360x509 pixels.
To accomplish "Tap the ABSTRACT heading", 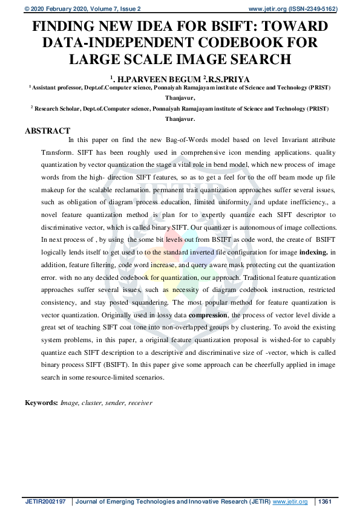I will coord(47,131).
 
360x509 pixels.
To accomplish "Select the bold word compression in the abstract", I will coord(208,315).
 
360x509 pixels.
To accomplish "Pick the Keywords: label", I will coord(41,402).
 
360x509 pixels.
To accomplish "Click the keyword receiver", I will coord(140,402).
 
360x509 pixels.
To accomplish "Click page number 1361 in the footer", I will coord(325,502).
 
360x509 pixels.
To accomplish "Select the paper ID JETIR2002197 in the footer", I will coord(46,502).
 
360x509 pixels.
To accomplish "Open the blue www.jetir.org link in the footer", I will coord(290,502).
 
